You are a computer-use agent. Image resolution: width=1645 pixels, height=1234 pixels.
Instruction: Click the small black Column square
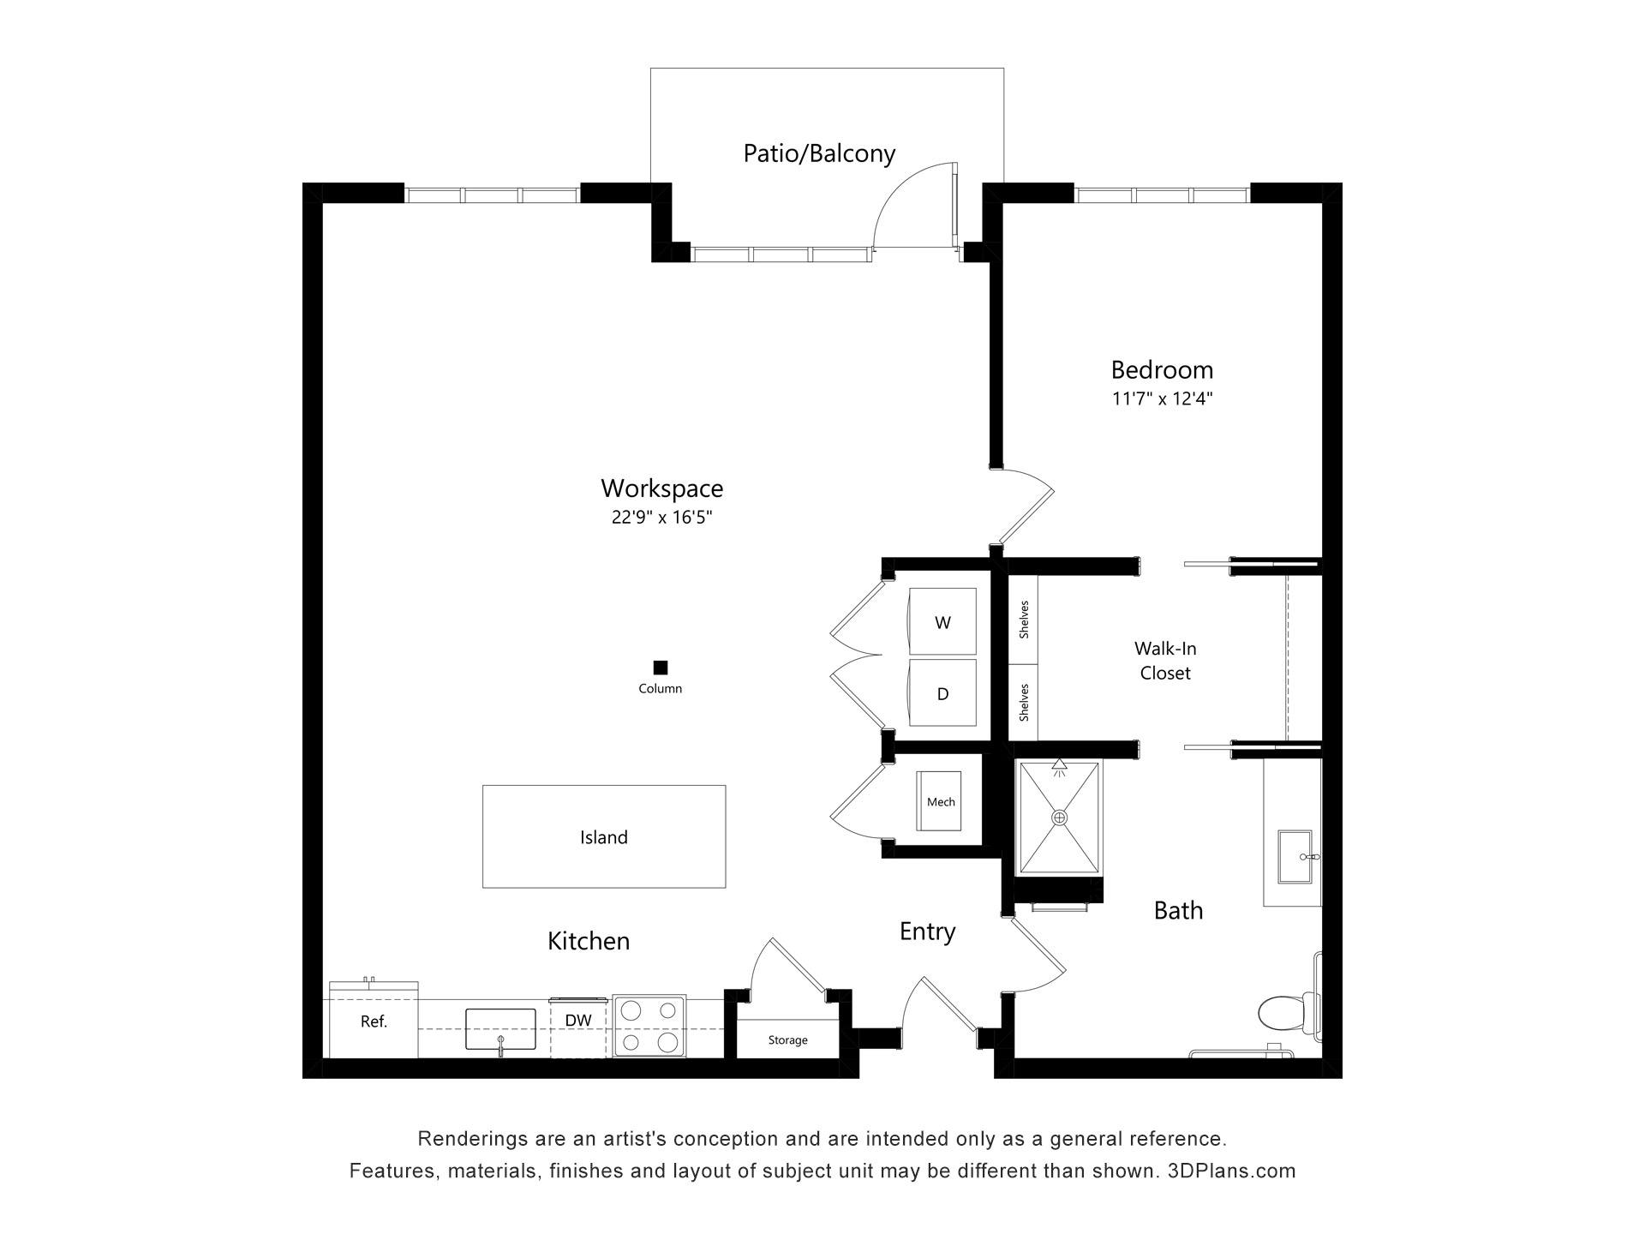(x=660, y=668)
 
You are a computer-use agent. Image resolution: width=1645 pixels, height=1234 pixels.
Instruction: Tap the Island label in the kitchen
(x=604, y=837)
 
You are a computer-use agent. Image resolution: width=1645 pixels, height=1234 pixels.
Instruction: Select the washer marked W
(x=942, y=621)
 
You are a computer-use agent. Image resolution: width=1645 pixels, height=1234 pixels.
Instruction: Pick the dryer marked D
(x=942, y=692)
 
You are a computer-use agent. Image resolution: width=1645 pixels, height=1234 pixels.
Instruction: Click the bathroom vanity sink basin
(x=1295, y=856)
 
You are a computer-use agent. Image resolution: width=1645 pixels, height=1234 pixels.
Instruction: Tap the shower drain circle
(x=1060, y=818)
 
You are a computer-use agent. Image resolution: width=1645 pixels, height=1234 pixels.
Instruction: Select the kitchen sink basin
(x=500, y=1028)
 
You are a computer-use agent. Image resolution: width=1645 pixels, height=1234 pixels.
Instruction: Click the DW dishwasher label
(x=578, y=1020)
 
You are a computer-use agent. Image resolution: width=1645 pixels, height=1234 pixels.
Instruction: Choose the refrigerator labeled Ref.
(x=374, y=1021)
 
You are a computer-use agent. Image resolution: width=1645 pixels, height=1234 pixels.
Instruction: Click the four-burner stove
(x=649, y=1026)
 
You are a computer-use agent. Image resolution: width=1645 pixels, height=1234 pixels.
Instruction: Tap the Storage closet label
(x=787, y=1039)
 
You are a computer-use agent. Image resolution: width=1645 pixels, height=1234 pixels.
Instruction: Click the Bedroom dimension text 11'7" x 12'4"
(x=1162, y=398)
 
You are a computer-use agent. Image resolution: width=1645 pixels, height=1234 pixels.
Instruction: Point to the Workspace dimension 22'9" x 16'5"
(x=661, y=517)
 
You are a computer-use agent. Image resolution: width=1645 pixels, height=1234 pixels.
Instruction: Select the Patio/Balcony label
(x=819, y=153)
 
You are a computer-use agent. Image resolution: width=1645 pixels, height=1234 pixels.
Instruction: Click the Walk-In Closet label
(x=1165, y=661)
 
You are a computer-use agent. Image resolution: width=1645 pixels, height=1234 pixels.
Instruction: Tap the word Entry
(x=927, y=931)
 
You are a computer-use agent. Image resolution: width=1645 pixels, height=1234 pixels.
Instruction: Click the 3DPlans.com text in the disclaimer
(x=1232, y=1171)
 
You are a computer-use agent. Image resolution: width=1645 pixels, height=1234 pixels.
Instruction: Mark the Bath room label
(x=1178, y=910)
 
